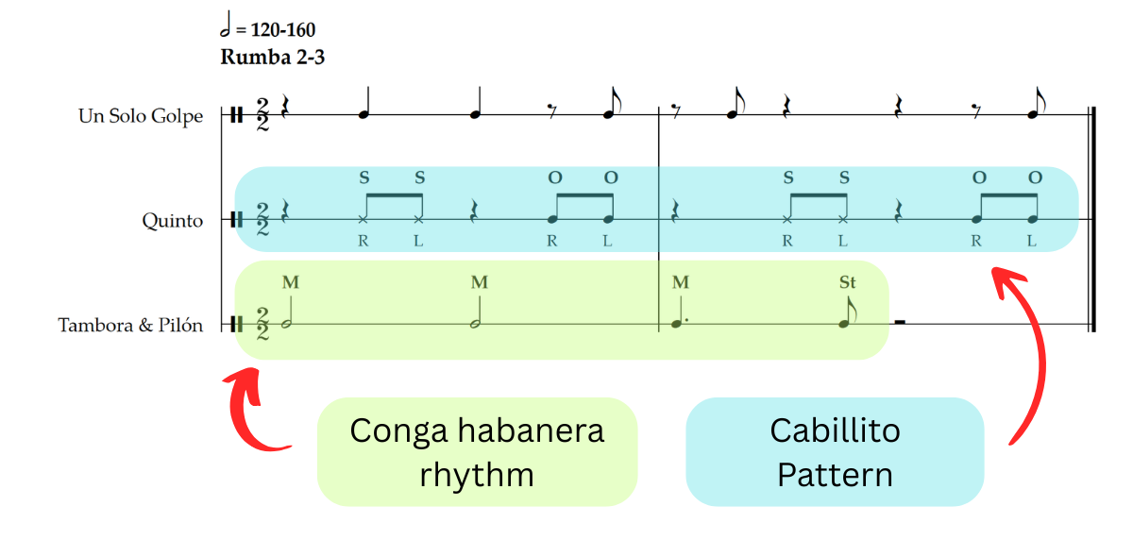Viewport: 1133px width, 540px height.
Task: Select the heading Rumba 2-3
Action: (x=273, y=57)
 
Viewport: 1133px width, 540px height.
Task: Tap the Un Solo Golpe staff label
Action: (x=141, y=116)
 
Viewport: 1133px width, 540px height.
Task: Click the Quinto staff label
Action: (x=173, y=221)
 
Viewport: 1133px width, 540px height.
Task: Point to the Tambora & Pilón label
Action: (x=130, y=326)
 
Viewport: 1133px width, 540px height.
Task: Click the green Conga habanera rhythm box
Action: (x=477, y=451)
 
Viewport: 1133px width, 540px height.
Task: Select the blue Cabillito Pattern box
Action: (x=835, y=451)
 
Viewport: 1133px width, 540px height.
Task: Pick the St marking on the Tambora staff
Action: (x=847, y=281)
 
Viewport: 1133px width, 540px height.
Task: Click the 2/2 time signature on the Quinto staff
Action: (x=262, y=220)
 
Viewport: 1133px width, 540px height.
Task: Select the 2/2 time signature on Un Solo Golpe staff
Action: (x=262, y=116)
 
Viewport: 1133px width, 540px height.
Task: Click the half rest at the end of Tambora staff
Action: (x=900, y=322)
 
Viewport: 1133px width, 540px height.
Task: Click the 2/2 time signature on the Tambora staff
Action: (x=262, y=324)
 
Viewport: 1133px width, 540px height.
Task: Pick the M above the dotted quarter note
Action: (x=681, y=281)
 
